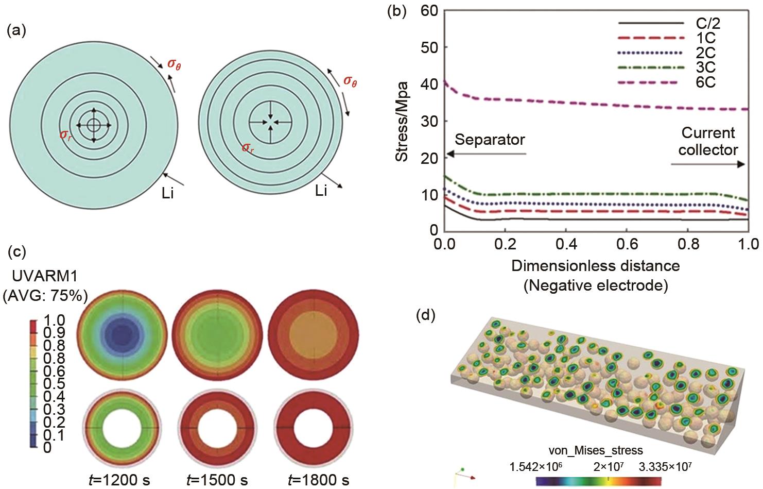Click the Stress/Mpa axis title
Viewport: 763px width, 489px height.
(x=402, y=121)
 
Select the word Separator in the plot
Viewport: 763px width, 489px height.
(x=490, y=140)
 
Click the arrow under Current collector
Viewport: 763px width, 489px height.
(x=708, y=164)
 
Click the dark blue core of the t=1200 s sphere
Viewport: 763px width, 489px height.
(x=123, y=337)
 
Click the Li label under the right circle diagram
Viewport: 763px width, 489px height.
(x=321, y=192)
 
